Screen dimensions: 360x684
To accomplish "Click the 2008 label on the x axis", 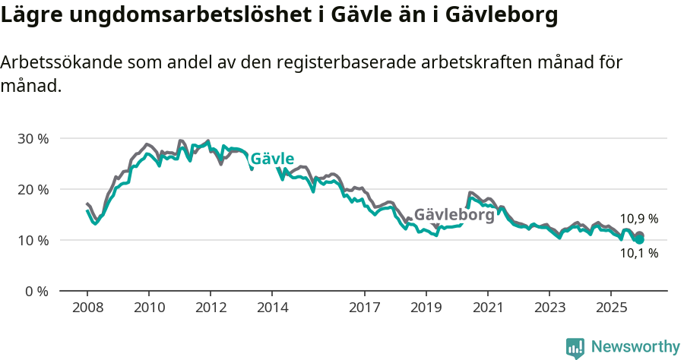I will [x=87, y=308].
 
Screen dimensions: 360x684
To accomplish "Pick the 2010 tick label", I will [x=149, y=308].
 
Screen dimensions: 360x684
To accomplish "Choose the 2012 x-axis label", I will [x=211, y=308].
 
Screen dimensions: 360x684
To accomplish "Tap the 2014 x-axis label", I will [x=272, y=308].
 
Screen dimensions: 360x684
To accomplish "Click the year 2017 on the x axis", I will [x=365, y=308].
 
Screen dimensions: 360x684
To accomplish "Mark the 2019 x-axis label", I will [x=426, y=308].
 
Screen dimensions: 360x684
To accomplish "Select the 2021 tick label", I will [x=488, y=308].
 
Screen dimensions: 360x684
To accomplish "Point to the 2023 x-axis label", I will [x=550, y=308].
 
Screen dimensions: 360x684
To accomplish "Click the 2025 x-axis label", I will [x=611, y=308].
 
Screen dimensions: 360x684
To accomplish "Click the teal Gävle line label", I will [x=272, y=159].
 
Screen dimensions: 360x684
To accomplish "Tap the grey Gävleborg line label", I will [x=454, y=215].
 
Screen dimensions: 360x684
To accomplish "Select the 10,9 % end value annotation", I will [x=638, y=219].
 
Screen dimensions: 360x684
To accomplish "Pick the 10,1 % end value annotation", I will [x=638, y=254].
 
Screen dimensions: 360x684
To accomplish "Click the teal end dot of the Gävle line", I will [x=640, y=239].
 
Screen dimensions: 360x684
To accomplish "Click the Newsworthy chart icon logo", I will [x=575, y=347].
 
